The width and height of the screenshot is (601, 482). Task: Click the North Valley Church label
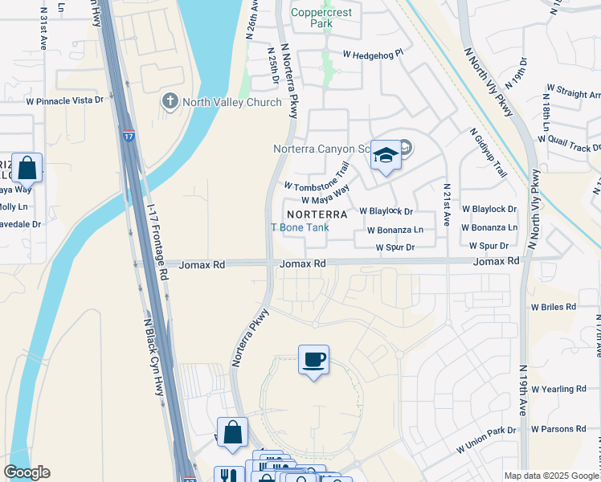tap(231, 102)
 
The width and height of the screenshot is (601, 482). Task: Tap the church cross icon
tap(170, 101)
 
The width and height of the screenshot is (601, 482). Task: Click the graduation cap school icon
tap(386, 155)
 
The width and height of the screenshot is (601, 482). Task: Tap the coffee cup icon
tap(313, 359)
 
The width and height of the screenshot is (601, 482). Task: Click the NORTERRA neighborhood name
tap(317, 214)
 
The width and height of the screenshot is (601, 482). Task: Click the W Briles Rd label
tap(553, 307)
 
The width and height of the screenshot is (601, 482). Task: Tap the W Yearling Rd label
tap(558, 389)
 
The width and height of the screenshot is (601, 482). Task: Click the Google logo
tap(27, 472)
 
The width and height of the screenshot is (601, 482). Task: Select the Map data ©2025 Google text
tap(551, 476)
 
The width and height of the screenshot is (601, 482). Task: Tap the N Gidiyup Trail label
tap(488, 153)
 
